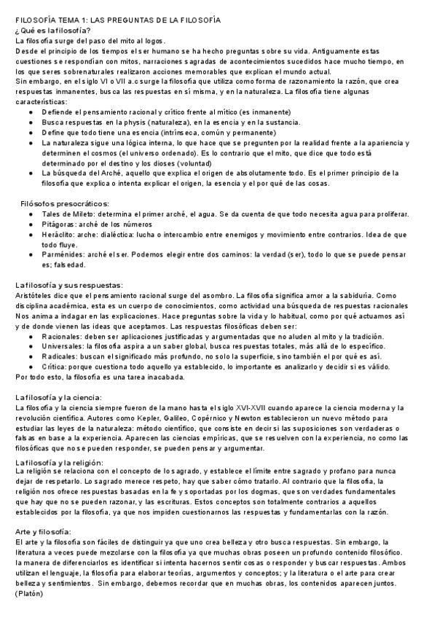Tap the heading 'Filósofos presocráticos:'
(x=65, y=203)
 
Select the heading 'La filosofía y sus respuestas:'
(x=69, y=284)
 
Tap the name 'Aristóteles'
(x=36, y=295)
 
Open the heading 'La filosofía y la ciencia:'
(x=60, y=396)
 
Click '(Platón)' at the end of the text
(x=29, y=594)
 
